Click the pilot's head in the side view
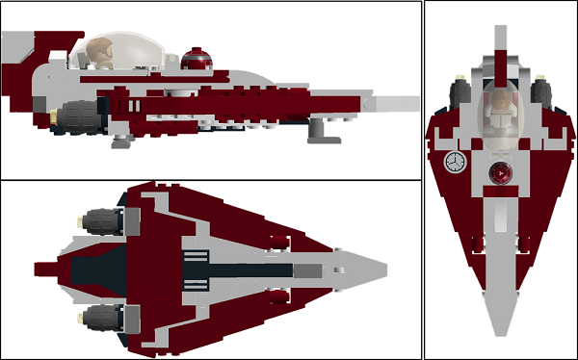click(99, 51)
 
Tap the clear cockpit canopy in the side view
click(135, 48)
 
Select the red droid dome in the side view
click(196, 60)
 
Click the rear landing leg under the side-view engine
click(121, 141)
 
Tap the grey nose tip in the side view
click(409, 101)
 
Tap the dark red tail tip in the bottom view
click(43, 267)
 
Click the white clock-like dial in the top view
click(454, 163)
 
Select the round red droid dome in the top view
click(500, 173)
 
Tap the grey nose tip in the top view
click(499, 327)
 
